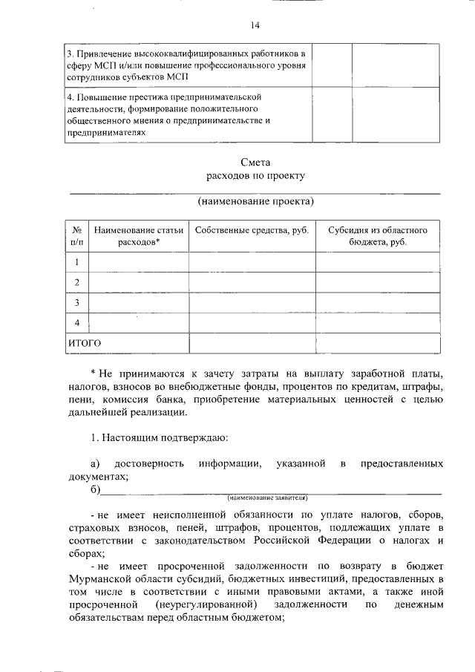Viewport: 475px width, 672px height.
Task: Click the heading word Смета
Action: pyautogui.click(x=255, y=162)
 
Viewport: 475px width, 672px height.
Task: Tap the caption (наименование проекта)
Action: pyautogui.click(x=255, y=201)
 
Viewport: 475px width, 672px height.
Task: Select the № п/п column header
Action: pyautogui.click(x=76, y=236)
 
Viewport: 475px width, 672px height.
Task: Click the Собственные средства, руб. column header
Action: pyautogui.click(x=252, y=230)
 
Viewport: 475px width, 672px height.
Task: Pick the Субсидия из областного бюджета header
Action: pyautogui.click(x=377, y=236)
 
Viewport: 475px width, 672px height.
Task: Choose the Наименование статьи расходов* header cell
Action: pyautogui.click(x=139, y=236)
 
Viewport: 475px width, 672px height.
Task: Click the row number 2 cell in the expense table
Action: pyautogui.click(x=76, y=282)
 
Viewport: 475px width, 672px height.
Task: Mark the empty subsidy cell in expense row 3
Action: pyautogui.click(x=377, y=302)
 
